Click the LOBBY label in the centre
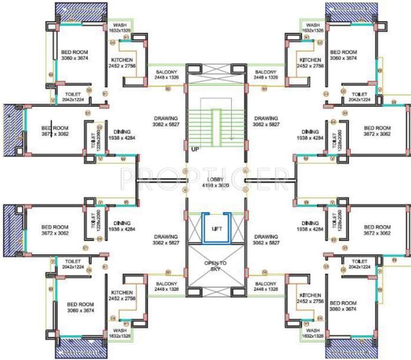pos(216,180)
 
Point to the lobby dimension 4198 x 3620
pos(216,186)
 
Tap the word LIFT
pos(216,229)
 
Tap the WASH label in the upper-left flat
pos(120,25)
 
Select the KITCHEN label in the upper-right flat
pos(310,60)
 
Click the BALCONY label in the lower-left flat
pos(167,284)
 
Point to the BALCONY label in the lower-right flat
pos(266,284)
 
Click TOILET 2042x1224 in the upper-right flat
pos(359,94)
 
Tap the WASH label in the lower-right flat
pos(312,330)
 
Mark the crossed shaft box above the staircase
pos(215,74)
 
